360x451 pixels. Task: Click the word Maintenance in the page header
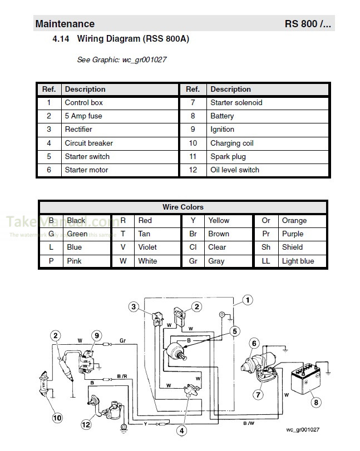point(65,24)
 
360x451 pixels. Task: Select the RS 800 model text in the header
point(308,24)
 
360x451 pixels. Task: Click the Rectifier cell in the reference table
point(78,130)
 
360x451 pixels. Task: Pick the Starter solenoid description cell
point(236,103)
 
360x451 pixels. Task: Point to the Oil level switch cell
point(234,170)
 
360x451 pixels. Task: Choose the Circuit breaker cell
point(88,143)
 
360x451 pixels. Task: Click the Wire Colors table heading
point(183,207)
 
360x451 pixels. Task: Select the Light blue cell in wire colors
point(298,261)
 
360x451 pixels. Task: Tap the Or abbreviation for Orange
point(266,221)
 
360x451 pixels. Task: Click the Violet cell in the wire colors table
point(147,247)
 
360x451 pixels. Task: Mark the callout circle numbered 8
point(316,403)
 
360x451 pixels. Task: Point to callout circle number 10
point(57,417)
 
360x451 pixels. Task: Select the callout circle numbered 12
point(86,425)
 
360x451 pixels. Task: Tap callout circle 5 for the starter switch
point(235,331)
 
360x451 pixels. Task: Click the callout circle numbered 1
point(248,300)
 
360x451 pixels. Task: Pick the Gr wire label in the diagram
point(122,340)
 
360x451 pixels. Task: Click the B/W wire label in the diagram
point(248,424)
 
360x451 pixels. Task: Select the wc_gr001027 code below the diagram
point(303,430)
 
